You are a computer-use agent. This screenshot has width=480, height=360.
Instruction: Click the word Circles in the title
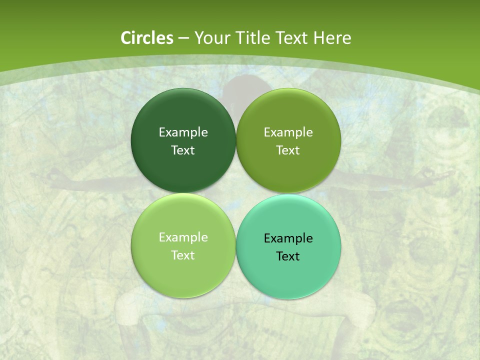coord(146,38)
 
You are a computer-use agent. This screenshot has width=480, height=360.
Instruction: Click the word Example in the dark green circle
coord(183,132)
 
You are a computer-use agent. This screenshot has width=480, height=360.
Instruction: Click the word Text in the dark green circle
coord(183,150)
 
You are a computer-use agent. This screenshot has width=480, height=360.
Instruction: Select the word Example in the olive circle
coord(288,132)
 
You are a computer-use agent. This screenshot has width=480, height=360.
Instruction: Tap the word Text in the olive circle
coord(288,150)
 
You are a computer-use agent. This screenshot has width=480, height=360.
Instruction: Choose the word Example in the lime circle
coord(183,237)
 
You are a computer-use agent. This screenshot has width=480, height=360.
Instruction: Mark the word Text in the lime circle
coord(183,255)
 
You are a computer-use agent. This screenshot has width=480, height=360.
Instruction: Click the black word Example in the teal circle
coord(288,238)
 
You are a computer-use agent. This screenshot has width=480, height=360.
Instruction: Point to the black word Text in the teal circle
coord(288,256)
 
